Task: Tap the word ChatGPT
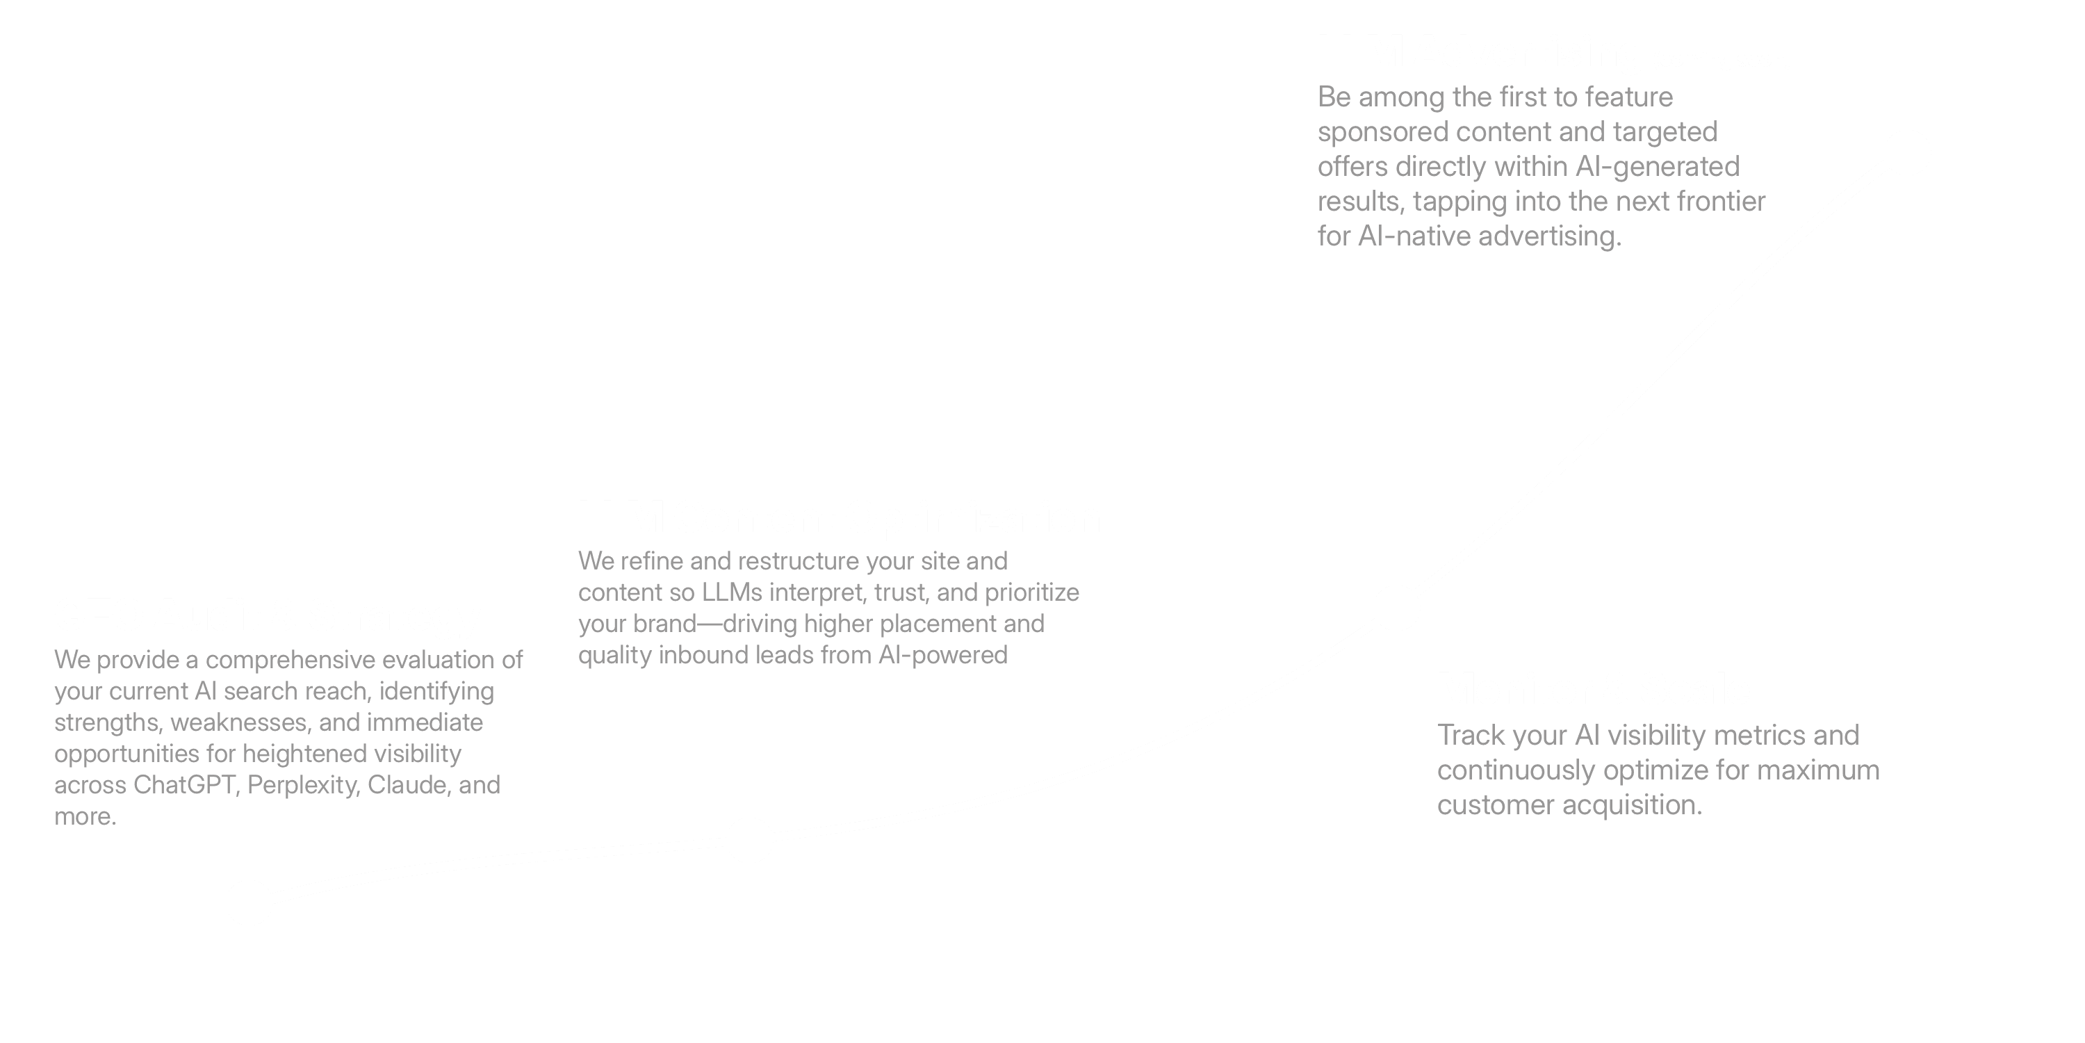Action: click(185, 784)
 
